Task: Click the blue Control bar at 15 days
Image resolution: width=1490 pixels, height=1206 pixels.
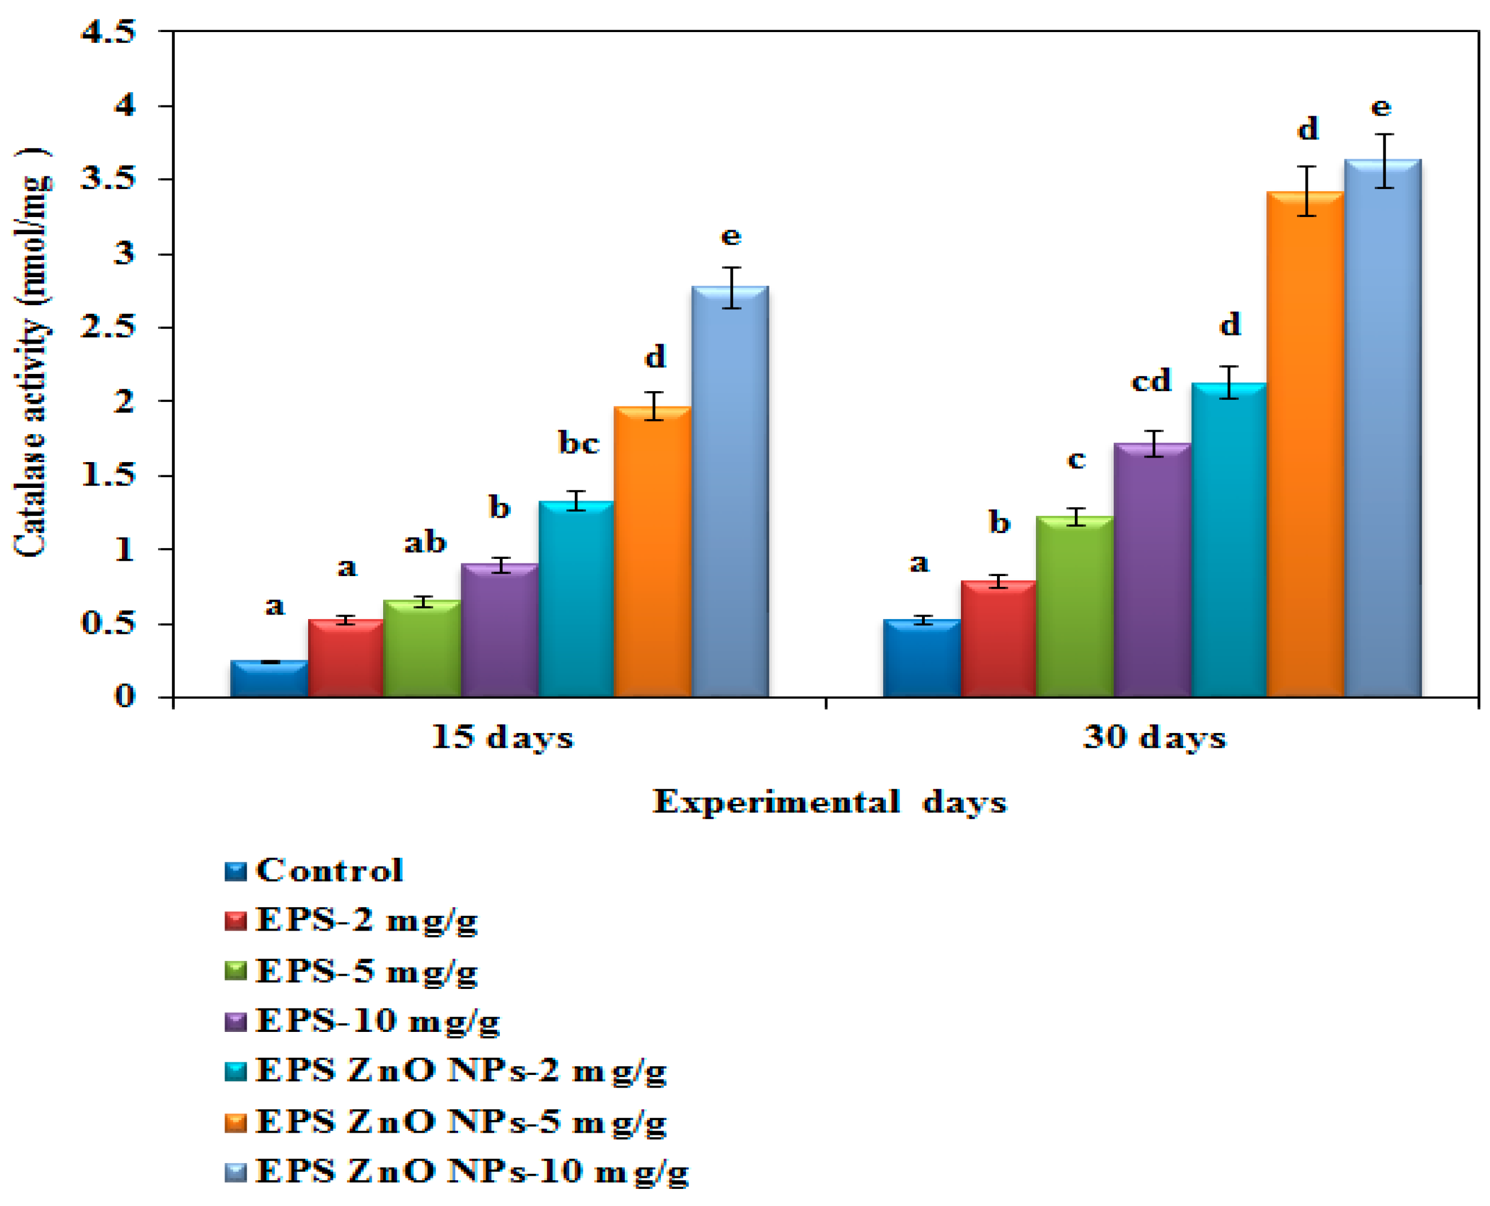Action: (269, 679)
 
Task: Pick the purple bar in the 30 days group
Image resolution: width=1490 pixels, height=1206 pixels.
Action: (1152, 570)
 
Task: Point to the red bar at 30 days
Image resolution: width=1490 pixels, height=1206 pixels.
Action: (998, 639)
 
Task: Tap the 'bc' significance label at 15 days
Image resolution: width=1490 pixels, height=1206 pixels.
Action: (578, 443)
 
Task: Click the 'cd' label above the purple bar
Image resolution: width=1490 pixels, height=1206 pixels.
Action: (1151, 381)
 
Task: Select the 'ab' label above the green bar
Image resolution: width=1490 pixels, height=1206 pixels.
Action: (425, 542)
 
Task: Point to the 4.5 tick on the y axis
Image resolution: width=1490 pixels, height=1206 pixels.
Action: (108, 32)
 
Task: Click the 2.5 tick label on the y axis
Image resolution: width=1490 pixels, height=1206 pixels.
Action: (108, 327)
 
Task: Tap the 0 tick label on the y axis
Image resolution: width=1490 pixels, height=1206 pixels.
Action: (124, 696)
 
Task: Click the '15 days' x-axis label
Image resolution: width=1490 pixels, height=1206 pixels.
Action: (502, 738)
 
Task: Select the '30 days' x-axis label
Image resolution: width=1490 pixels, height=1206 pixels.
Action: (1154, 738)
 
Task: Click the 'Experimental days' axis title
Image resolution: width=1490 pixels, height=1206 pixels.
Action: (829, 802)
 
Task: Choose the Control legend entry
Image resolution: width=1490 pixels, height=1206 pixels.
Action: (329, 870)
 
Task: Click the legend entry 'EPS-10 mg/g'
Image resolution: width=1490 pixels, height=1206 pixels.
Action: (377, 1020)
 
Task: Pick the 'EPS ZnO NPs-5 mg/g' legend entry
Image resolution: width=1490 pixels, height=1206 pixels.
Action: (460, 1122)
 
